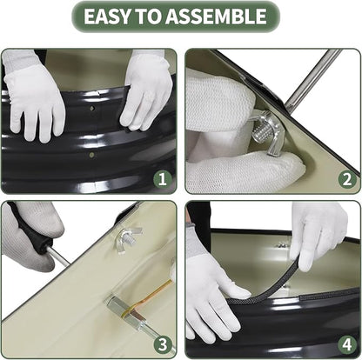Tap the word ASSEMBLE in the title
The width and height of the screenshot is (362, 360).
[x=216, y=17]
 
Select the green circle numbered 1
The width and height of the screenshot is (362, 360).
[x=163, y=179]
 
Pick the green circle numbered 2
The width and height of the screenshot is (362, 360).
[x=347, y=179]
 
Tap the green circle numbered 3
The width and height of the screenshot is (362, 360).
[x=163, y=344]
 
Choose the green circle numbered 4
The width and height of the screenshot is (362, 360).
[x=347, y=344]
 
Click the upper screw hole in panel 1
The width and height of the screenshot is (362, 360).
[x=92, y=109]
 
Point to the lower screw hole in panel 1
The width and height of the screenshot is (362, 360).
[x=92, y=155]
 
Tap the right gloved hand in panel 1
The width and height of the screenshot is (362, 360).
[x=146, y=90]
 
